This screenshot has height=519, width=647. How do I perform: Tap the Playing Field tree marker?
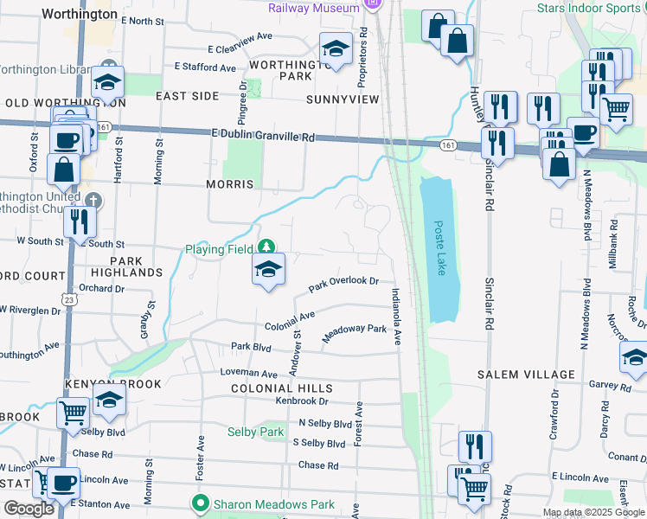click(x=267, y=249)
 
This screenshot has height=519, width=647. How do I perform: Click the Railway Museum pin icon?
click(x=373, y=5)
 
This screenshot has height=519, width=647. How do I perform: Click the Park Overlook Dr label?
click(x=344, y=283)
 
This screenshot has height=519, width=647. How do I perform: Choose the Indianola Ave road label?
click(x=396, y=317)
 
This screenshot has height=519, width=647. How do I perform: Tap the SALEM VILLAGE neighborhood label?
click(x=526, y=375)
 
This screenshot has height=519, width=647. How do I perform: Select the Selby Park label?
click(x=255, y=432)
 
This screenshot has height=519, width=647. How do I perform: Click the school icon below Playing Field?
click(x=269, y=271)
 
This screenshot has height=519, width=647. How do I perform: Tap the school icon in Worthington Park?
click(x=335, y=49)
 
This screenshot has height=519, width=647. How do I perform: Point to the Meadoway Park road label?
click(x=355, y=333)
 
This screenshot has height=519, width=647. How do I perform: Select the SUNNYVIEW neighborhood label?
click(x=343, y=99)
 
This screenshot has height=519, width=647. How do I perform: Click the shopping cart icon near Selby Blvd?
click(x=73, y=413)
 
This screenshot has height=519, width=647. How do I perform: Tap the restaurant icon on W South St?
click(x=79, y=221)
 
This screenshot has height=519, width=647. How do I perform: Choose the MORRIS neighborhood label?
click(x=230, y=184)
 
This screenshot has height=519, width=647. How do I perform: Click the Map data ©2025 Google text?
click(x=593, y=512)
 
